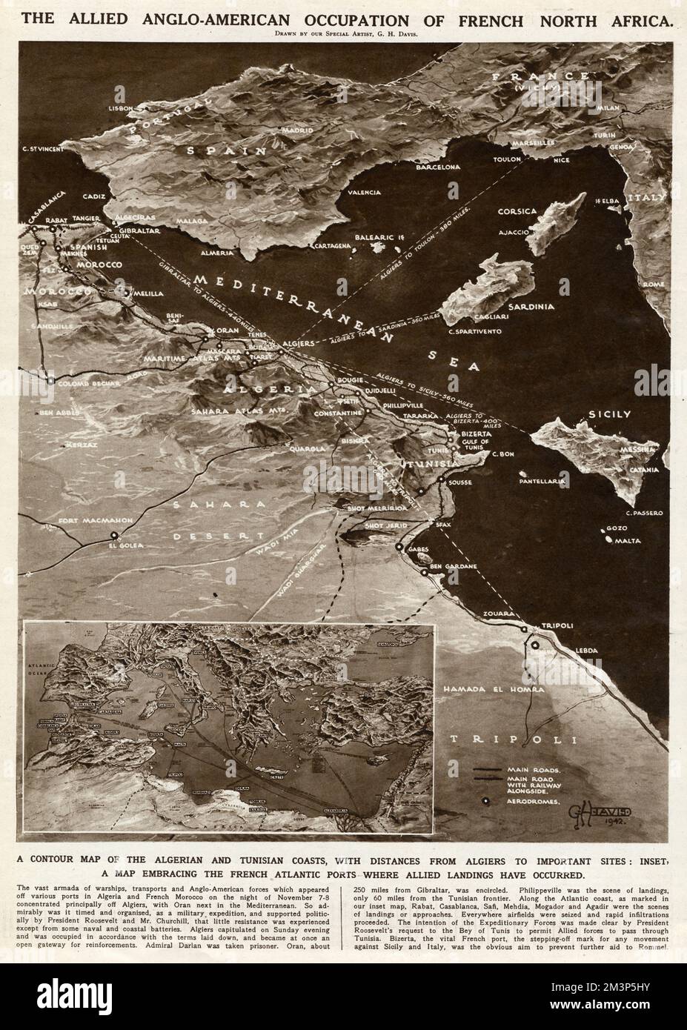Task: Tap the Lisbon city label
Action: [x=121, y=107]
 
